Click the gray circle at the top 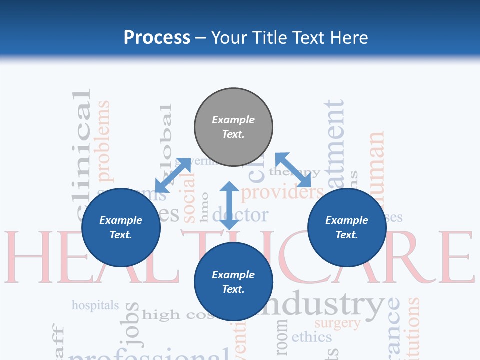tap(233, 127)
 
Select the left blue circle tap(121, 227)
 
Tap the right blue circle tap(347, 227)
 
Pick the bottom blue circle tap(233, 282)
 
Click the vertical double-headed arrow tap(229, 205)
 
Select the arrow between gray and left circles tap(173, 175)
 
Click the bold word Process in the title tap(157, 37)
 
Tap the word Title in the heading tap(270, 38)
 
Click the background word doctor tap(240, 215)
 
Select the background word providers tap(282, 192)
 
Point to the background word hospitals tap(95, 305)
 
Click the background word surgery tap(337, 323)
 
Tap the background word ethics tap(311, 337)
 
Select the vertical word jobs tap(132, 325)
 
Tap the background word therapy tap(295, 172)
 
